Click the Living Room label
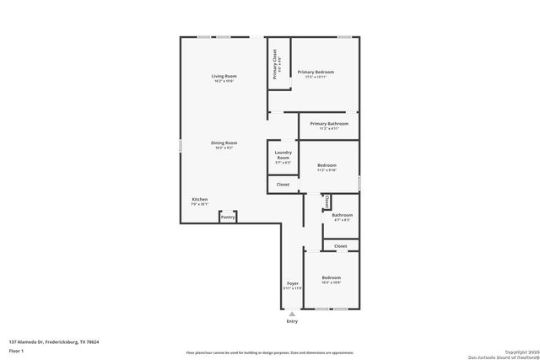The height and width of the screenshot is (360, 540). (223, 78)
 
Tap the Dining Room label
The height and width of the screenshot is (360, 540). (224, 145)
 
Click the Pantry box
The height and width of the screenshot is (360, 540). (227, 218)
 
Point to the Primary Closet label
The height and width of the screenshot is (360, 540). (276, 62)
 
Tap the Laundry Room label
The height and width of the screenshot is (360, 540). (283, 155)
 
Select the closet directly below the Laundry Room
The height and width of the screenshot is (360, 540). (283, 184)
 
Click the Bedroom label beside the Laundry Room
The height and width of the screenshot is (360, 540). (327, 166)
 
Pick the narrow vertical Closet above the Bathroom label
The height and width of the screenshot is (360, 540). (327, 202)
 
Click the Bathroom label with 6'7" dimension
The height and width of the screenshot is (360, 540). (342, 217)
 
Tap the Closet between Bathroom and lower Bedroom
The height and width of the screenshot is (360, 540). (340, 245)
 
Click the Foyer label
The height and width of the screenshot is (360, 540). (292, 285)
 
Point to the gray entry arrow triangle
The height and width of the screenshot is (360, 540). (292, 314)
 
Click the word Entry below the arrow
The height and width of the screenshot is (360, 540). (292, 321)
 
